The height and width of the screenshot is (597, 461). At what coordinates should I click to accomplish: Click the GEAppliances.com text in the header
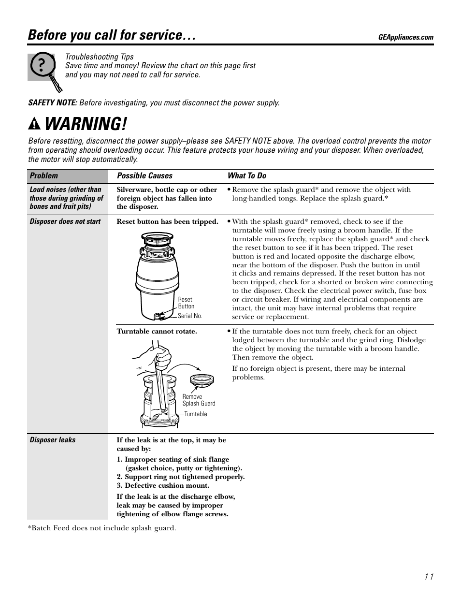405,37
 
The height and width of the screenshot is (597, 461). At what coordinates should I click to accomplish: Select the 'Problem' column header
43,176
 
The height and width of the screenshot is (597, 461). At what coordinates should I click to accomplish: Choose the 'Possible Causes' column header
144,176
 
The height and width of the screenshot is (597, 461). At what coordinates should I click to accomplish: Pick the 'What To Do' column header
247,176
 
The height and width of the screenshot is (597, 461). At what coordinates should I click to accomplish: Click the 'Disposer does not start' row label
65,221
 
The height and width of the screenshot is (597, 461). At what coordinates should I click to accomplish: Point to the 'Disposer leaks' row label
53,440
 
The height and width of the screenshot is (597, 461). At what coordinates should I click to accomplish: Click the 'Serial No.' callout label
190,316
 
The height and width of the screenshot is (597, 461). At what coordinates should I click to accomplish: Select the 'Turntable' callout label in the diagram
196,414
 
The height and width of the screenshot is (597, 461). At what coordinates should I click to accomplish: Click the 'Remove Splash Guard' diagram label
199,400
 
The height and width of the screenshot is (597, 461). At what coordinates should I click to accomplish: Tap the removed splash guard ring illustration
202,380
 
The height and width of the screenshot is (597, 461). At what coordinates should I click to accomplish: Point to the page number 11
429,576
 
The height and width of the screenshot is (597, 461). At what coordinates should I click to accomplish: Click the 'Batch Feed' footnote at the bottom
102,528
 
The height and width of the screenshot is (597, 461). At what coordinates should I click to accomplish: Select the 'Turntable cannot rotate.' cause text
157,331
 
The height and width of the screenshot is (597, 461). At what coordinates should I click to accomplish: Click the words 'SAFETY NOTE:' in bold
53,102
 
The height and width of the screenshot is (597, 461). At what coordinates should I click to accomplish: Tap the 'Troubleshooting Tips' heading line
100,57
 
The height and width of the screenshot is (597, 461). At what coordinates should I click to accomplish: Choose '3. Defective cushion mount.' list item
163,485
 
